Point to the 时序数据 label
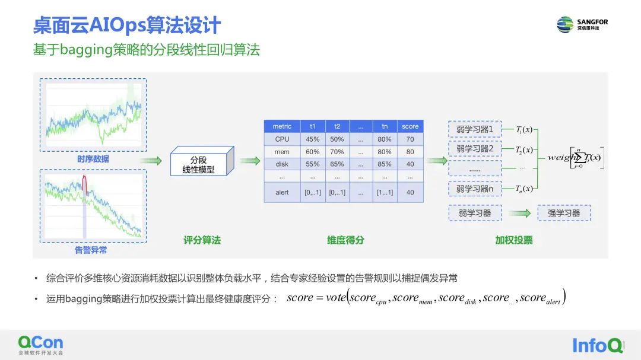point(93,159)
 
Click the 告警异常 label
point(91,250)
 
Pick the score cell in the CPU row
point(410,139)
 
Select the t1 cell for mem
point(312,152)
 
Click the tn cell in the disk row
point(385,164)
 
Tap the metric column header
point(282,126)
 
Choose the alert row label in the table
point(282,193)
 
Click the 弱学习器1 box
point(475,129)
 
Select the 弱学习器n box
point(475,189)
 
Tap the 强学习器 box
point(564,213)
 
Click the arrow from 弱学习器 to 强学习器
point(519,214)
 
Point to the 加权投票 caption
point(514,240)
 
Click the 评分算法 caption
point(202,240)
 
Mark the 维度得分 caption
point(345,240)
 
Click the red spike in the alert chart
point(84,183)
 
